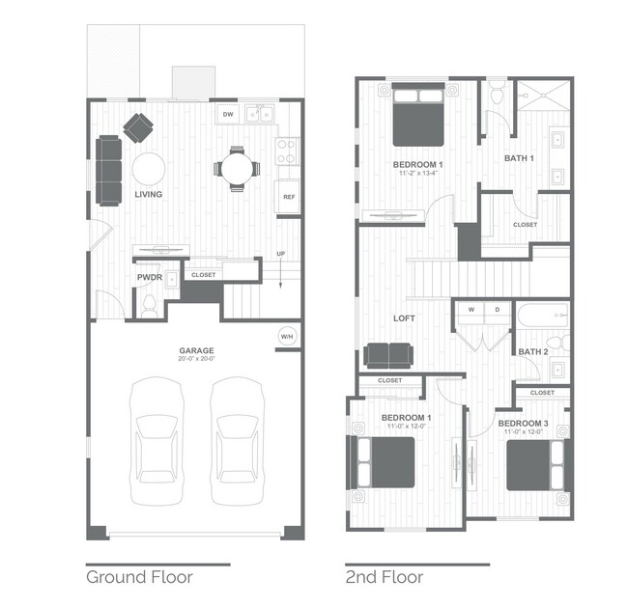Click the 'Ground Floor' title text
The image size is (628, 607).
139,577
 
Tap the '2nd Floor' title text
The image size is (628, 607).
384,577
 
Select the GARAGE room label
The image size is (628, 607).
195,350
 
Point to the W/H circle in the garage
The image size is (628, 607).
287,336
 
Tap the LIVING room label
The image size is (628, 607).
148,194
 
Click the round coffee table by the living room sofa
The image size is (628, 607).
148,169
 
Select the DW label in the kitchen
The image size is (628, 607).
228,115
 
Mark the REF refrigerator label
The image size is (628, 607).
288,197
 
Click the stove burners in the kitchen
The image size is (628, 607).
287,151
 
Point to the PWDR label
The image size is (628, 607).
148,276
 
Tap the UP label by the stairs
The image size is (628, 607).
281,255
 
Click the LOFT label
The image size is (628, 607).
404,317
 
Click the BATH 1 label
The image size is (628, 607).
519,157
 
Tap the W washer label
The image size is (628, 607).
471,310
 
